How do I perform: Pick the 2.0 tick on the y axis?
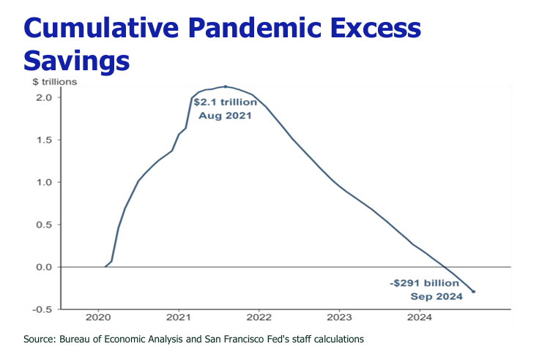pyautogui.click(x=42, y=97)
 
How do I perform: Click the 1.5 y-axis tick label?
pyautogui.click(x=42, y=140)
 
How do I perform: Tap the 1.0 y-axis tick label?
pyautogui.click(x=42, y=182)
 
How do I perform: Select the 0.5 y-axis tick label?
pyautogui.click(x=42, y=225)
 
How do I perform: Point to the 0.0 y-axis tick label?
pyautogui.click(x=42, y=267)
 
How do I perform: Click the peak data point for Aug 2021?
pyautogui.click(x=225, y=86)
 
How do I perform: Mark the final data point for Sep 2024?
pyautogui.click(x=473, y=292)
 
